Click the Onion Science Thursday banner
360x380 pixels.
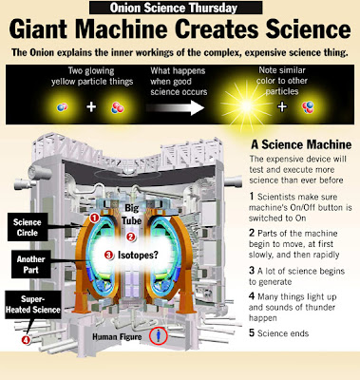(x=176, y=8)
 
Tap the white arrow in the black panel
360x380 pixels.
(x=175, y=107)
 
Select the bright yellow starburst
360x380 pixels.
(x=246, y=105)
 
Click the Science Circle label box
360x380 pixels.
(x=28, y=227)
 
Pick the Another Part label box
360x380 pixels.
(x=31, y=265)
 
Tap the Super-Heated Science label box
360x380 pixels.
(x=33, y=305)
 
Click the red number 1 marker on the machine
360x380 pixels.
(x=94, y=218)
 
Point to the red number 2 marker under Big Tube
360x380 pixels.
(x=131, y=237)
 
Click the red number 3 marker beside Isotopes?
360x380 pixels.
(x=109, y=255)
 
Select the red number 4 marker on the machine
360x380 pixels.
(x=26, y=340)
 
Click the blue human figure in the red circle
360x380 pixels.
(x=159, y=335)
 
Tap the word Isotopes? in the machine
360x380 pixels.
(x=139, y=255)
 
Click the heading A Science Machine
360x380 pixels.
(x=301, y=144)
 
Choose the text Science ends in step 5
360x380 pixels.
(x=283, y=333)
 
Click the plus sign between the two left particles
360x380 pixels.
(x=91, y=107)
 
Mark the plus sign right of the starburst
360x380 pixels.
(x=282, y=107)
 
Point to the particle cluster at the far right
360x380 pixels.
(x=308, y=107)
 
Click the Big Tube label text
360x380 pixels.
(x=132, y=214)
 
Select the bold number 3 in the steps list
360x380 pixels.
(x=252, y=270)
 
